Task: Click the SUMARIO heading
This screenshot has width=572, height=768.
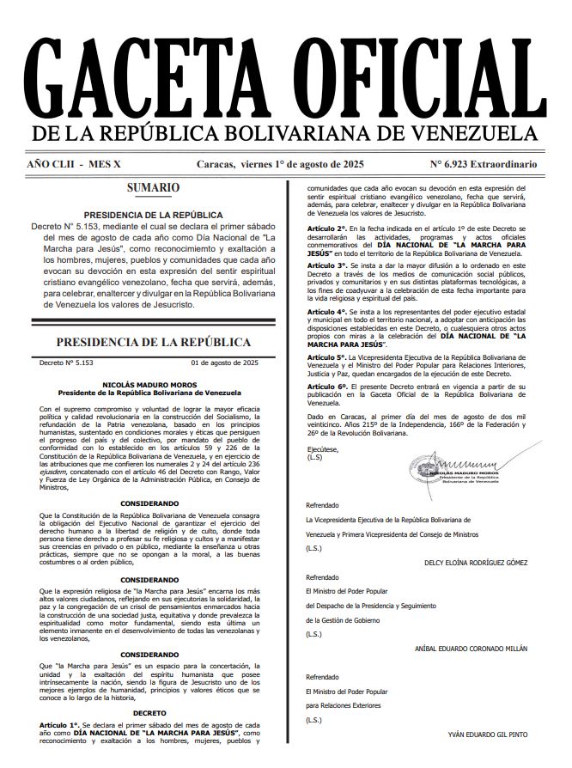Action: [x=153, y=187]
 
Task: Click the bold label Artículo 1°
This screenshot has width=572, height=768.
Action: [x=59, y=726]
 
